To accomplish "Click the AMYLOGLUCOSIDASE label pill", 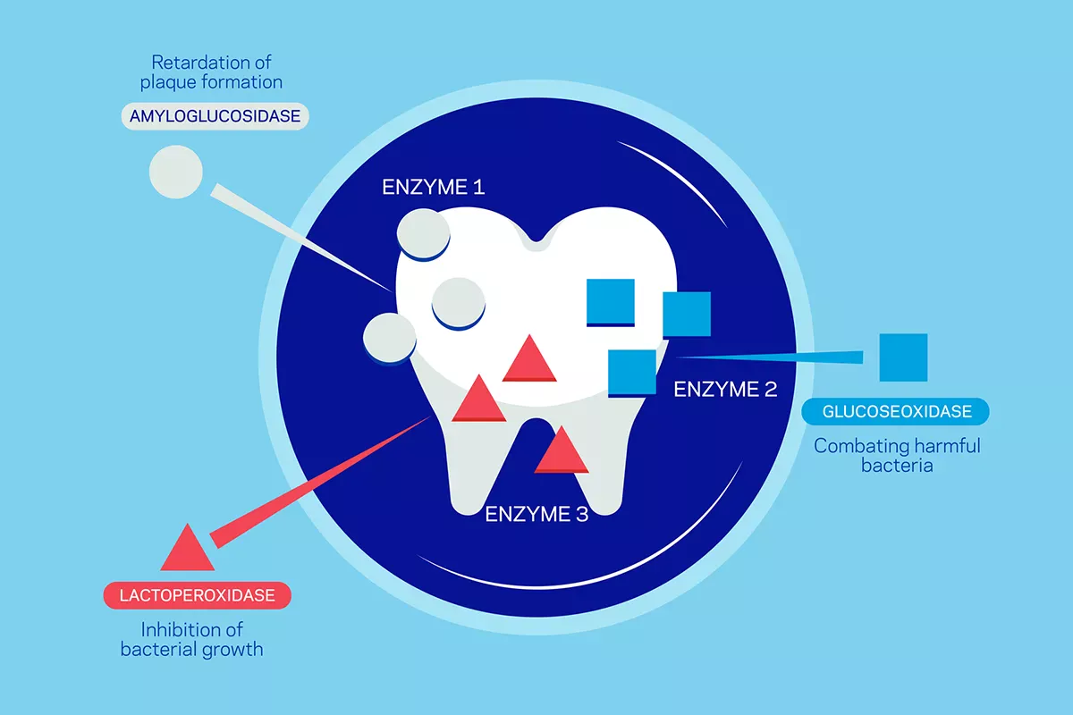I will [215, 117].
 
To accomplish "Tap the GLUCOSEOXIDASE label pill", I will [897, 411].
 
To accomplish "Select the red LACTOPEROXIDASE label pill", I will [198, 594].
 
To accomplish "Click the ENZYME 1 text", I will [433, 188].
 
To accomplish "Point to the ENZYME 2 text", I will [725, 389].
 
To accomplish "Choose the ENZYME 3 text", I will [536, 514].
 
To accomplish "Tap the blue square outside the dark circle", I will [903, 357].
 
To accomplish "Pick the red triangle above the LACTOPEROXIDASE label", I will [188, 549].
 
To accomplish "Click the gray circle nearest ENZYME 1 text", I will [423, 233].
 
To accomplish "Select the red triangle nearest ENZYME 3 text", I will [561, 452].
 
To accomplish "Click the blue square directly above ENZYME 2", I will [632, 372].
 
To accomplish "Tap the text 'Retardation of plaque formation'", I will [211, 72].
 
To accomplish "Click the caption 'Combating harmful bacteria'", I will [897, 454].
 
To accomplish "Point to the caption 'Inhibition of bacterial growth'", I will [192, 639].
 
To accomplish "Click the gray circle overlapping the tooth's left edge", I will [390, 339].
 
